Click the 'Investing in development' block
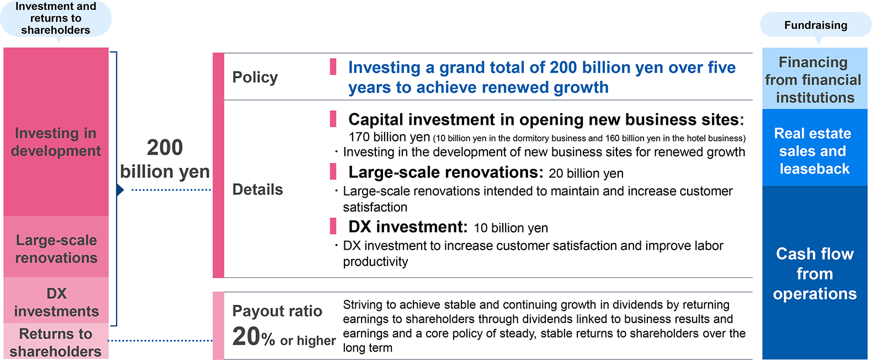[x=56, y=132]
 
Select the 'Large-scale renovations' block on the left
[x=56, y=246]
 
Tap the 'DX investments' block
[x=56, y=300]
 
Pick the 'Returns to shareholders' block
[x=56, y=341]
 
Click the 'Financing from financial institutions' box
[x=815, y=78]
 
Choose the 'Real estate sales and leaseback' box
[x=815, y=147]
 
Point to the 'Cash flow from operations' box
[x=815, y=272]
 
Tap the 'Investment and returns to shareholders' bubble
[x=56, y=18]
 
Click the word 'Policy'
[x=255, y=77]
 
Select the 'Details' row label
[x=257, y=189]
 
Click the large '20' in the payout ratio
[x=246, y=336]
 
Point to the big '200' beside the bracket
[x=164, y=147]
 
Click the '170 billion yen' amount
[x=389, y=137]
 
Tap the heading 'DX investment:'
[x=408, y=227]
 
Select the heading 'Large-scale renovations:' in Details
[x=446, y=172]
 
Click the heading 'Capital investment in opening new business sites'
[x=544, y=120]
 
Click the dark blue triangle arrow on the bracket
[x=120, y=190]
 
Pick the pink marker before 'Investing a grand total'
[x=333, y=67]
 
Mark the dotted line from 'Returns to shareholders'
[x=161, y=341]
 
